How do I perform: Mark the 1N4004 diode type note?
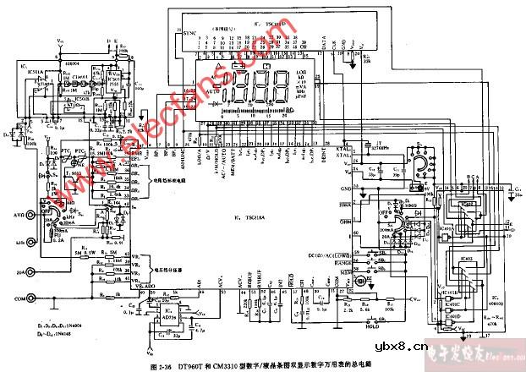[44, 325]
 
